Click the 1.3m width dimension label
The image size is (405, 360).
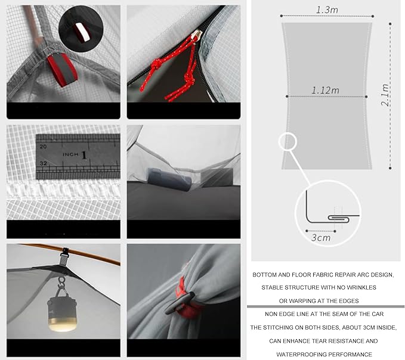tap(327, 10)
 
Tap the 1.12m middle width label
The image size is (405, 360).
tap(325, 91)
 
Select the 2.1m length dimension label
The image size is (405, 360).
tap(385, 94)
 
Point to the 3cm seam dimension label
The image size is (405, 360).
tap(321, 238)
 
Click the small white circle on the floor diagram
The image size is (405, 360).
tap(287, 142)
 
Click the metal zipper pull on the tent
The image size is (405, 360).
tap(197, 35)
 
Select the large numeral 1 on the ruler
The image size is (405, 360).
tap(84, 155)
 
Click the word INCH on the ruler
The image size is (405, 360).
tap(70, 154)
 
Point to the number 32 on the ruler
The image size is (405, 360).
tap(43, 163)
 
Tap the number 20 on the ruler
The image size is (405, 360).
tap(43, 147)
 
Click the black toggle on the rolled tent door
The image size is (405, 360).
tap(180, 303)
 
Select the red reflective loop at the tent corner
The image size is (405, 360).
tap(62, 70)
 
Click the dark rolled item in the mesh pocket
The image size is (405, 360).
tap(169, 179)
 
